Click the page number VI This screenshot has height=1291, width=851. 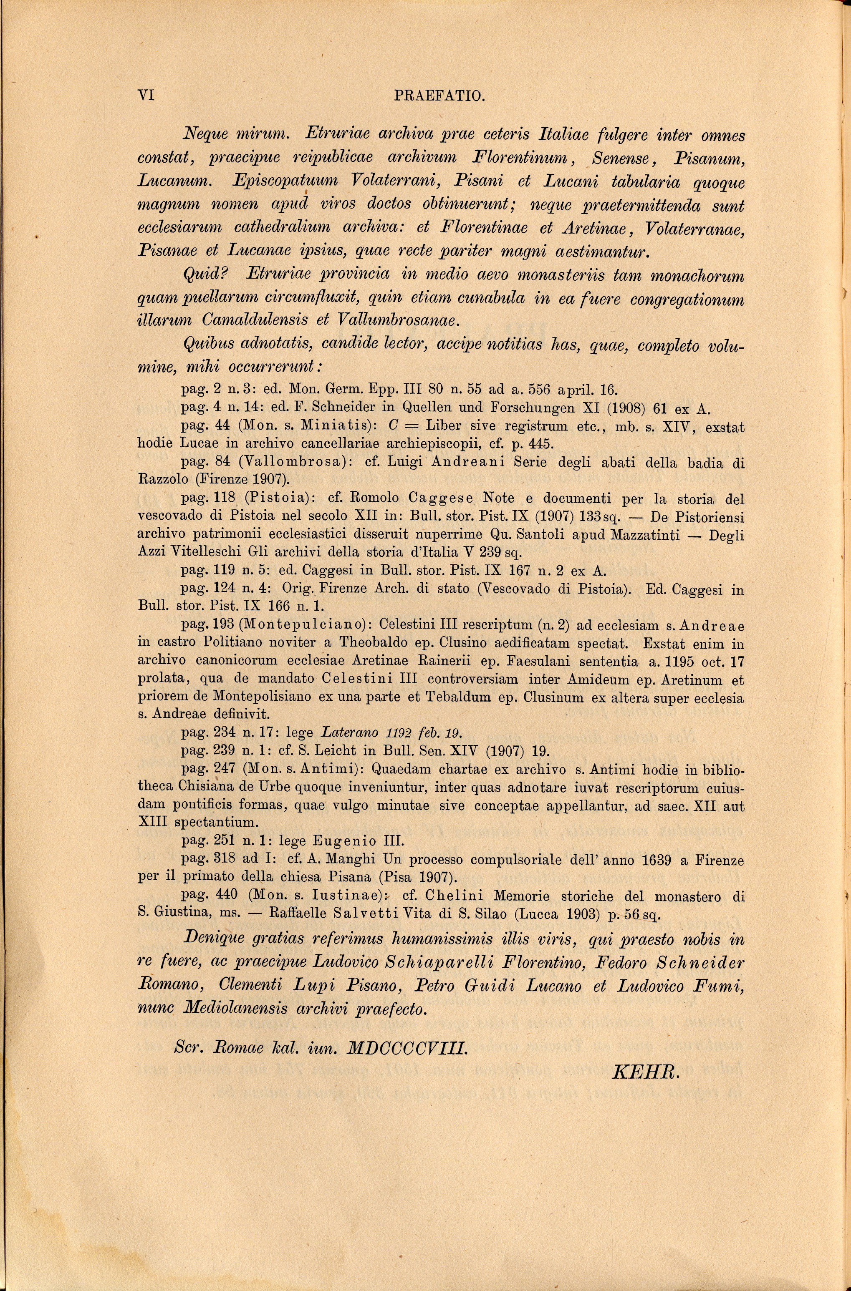point(146,96)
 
